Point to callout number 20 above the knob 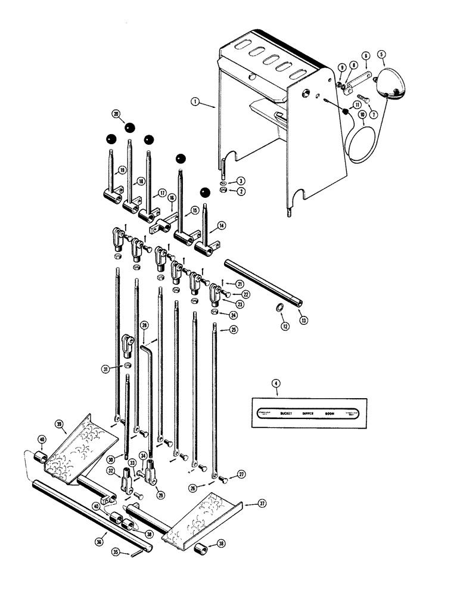pos(115,113)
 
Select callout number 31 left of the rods pos(105,368)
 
